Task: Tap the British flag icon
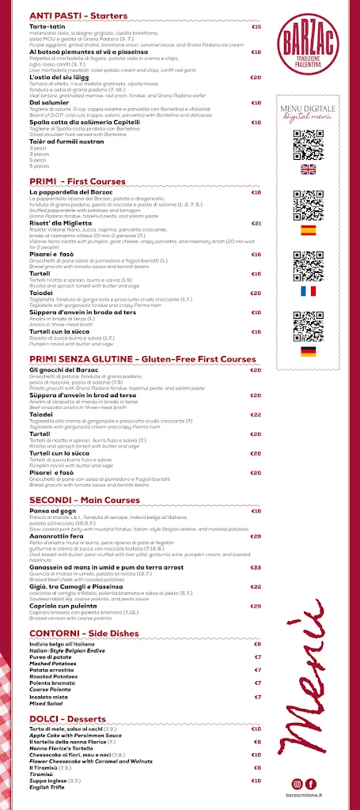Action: click(x=309, y=169)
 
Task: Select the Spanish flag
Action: click(x=309, y=230)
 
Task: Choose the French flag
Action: click(x=309, y=291)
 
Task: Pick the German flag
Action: click(x=309, y=351)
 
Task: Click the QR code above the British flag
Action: click(x=309, y=144)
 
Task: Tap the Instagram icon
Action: click(x=297, y=783)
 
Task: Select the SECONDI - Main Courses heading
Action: click(x=84, y=500)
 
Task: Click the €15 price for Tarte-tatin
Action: click(x=256, y=27)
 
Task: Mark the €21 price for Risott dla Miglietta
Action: click(x=256, y=224)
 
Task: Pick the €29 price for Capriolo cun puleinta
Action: click(x=256, y=606)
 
